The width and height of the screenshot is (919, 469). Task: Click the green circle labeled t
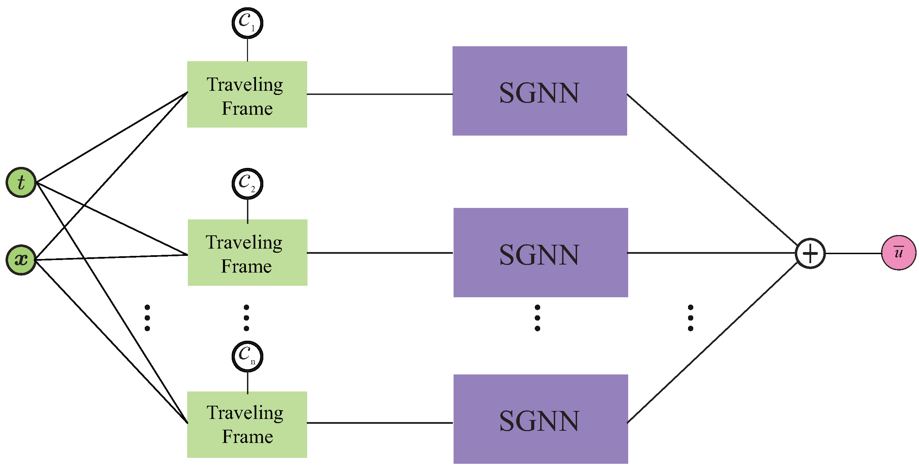click(x=21, y=182)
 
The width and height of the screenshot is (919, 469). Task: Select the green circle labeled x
click(x=21, y=260)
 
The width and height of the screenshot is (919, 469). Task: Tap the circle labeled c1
click(x=247, y=23)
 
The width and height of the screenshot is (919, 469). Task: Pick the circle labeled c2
click(x=247, y=184)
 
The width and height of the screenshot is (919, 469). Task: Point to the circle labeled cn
click(x=247, y=356)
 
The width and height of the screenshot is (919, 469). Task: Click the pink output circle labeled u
click(x=898, y=252)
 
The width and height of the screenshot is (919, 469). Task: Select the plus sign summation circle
click(x=810, y=253)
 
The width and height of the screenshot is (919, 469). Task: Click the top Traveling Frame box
click(x=247, y=94)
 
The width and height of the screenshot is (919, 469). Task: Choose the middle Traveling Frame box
click(x=247, y=252)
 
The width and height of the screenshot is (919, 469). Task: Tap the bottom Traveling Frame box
click(x=247, y=424)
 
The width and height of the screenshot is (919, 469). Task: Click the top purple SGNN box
click(x=540, y=91)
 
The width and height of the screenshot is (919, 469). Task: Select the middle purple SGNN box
click(x=541, y=252)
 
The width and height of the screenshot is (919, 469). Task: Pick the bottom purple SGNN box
click(x=541, y=419)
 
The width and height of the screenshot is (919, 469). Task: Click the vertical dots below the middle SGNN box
click(x=537, y=318)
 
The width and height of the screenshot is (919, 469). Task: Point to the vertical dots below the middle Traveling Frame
click(x=246, y=318)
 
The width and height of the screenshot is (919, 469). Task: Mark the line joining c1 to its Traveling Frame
click(x=247, y=50)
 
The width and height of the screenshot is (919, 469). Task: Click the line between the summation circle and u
click(x=853, y=253)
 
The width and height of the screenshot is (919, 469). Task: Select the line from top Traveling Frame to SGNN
click(x=379, y=94)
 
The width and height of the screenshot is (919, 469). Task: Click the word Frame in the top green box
click(x=247, y=108)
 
